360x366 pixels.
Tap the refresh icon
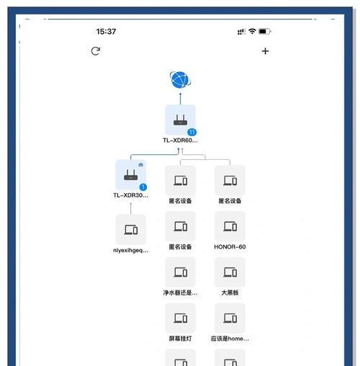pos(96,51)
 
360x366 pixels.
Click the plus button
pos(265,51)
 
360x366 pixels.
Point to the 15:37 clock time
pos(106,32)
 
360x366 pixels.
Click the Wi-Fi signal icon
pos(252,31)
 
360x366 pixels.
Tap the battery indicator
pos(265,31)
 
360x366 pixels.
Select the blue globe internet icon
pos(181,80)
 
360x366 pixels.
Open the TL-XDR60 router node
pos(181,120)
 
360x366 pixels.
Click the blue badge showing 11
pos(192,132)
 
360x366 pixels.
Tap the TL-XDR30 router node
pos(131,175)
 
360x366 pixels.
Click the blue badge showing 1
pos(143,187)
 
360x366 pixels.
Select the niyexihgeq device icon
pos(131,230)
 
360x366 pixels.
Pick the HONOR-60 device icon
pos(230,226)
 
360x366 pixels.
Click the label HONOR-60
pos(230,247)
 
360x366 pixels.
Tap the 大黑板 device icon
pos(230,272)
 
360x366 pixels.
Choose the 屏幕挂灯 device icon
pos(181,318)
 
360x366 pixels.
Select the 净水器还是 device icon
pos(181,272)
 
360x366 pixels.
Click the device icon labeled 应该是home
pos(230,318)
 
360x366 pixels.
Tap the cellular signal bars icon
pos(241,32)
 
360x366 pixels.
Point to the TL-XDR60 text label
pos(180,140)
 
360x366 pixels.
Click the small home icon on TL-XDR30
pos(141,164)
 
